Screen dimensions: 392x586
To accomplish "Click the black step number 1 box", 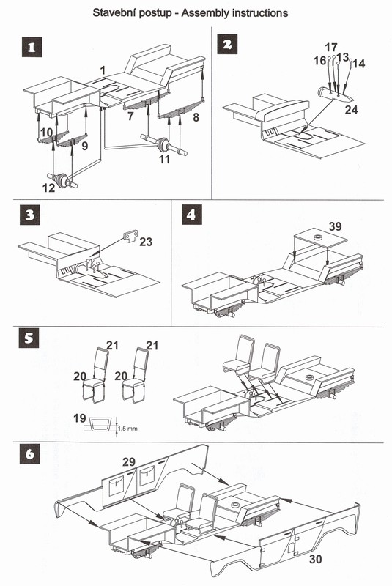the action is (32, 47).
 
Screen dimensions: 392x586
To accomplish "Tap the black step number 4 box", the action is (192, 215).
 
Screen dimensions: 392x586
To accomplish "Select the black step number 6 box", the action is (29, 454).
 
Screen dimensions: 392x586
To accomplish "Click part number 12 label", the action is (48, 188).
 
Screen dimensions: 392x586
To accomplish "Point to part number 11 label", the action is (164, 159).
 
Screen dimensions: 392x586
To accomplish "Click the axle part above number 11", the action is (164, 144).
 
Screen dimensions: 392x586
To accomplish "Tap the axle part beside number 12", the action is (62, 179).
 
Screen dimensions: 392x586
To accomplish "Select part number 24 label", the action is (351, 110).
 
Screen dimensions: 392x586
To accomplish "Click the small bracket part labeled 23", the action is (130, 236).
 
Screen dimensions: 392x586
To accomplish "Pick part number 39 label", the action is (335, 226).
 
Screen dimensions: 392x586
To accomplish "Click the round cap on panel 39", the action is (318, 237).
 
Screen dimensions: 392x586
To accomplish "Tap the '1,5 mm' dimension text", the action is (127, 429).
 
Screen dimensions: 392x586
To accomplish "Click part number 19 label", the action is (80, 418).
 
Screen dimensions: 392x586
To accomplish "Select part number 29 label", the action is (129, 462).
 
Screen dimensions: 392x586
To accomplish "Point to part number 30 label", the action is (315, 559).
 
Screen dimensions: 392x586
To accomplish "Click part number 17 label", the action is (331, 48).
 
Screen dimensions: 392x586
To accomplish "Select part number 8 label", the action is (196, 117).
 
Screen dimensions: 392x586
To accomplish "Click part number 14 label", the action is (358, 64).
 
